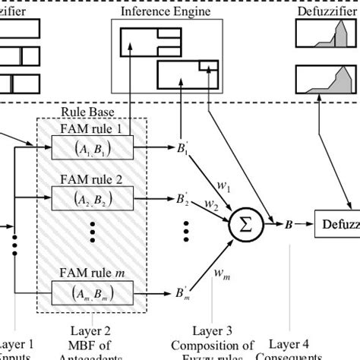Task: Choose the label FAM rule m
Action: (x=92, y=273)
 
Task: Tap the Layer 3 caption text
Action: (x=213, y=331)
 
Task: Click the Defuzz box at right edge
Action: (x=339, y=225)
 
